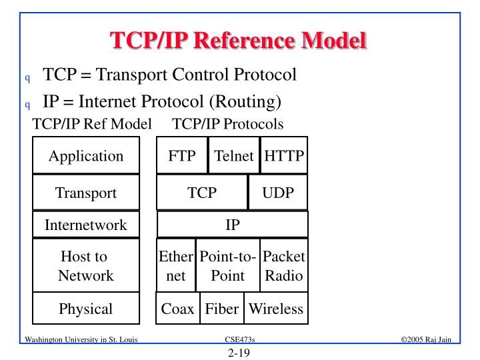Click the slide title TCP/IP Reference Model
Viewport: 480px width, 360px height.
click(x=239, y=41)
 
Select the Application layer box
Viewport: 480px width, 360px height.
click(x=86, y=156)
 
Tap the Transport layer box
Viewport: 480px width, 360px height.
click(x=86, y=193)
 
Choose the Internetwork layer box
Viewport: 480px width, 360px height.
click(x=86, y=225)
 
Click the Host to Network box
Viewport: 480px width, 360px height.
click(x=86, y=265)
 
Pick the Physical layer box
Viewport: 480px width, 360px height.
click(x=86, y=309)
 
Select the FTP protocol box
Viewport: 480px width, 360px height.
click(x=182, y=156)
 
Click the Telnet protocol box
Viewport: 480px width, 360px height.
click(x=234, y=156)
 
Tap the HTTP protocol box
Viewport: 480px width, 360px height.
click(x=284, y=156)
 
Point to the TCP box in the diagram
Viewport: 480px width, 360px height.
click(x=202, y=193)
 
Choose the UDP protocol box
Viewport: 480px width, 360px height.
click(x=278, y=193)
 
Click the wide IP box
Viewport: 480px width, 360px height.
click(x=233, y=225)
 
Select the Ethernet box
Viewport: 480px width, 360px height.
click(x=176, y=265)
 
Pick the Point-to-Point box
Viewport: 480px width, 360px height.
click(x=228, y=265)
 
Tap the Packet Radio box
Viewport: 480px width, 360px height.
click(x=284, y=265)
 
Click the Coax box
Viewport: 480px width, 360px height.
click(x=178, y=309)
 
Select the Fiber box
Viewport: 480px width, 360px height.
click(x=222, y=309)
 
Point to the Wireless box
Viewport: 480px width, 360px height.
click(x=276, y=309)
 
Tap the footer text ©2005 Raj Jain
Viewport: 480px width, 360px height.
click(x=426, y=340)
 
